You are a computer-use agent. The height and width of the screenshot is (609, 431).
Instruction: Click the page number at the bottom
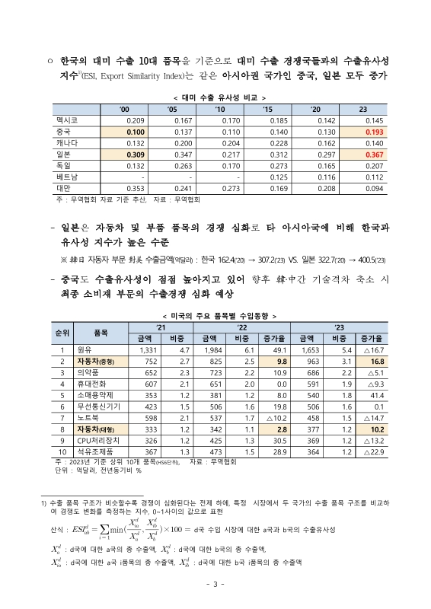[215, 584]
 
